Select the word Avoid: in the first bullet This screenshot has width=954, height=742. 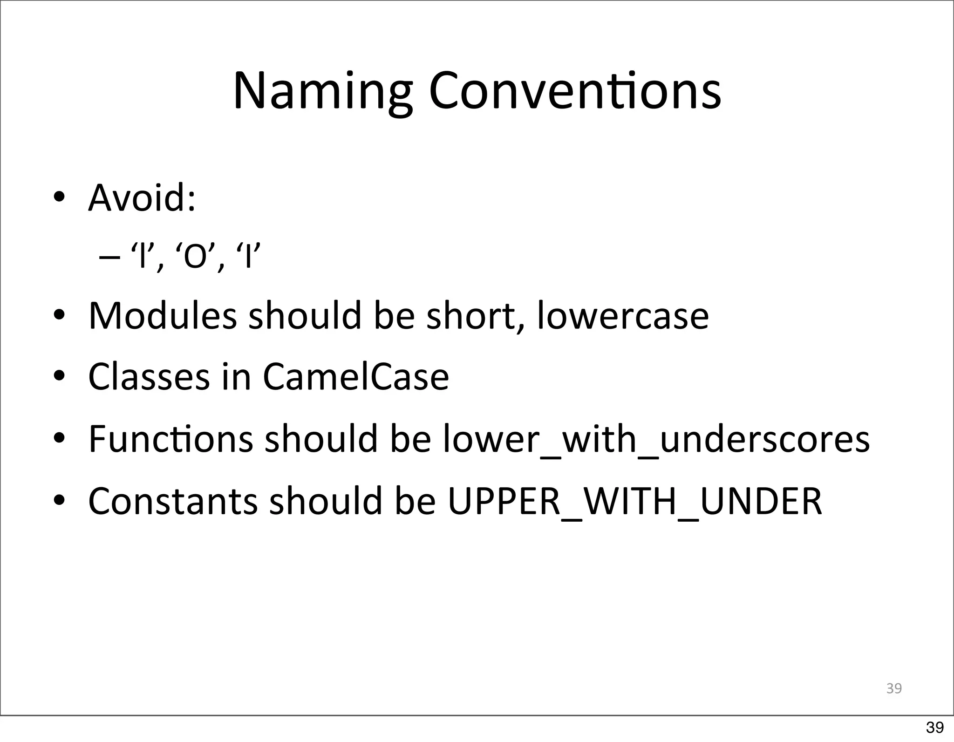point(142,197)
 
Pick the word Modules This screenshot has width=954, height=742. point(163,316)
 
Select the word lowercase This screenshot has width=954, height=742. point(622,316)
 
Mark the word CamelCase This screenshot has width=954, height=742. point(356,377)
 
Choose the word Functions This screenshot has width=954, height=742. point(170,439)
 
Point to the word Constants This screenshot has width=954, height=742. point(173,501)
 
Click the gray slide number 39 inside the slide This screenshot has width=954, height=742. point(893,688)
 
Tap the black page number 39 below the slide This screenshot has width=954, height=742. point(935,727)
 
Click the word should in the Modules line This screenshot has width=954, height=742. point(305,316)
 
